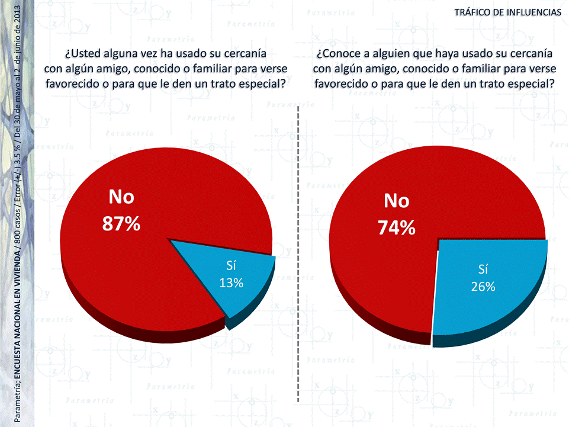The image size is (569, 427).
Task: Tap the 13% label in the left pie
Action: click(x=232, y=282)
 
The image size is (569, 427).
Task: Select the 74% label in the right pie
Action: click(x=397, y=227)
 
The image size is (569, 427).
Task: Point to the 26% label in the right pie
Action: click(x=483, y=287)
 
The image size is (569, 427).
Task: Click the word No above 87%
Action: click(x=121, y=197)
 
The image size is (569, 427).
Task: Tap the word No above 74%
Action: click(x=396, y=201)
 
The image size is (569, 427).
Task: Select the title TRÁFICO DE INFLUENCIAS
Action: click(x=507, y=12)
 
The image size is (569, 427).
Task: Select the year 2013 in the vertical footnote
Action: click(x=24, y=18)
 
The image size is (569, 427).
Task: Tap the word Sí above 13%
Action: click(x=232, y=265)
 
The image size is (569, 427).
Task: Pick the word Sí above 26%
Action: click(x=483, y=270)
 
